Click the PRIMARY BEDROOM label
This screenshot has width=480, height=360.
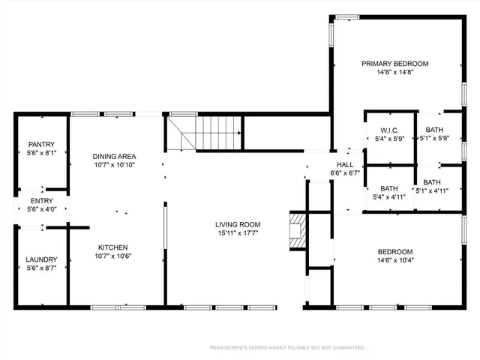click(x=394, y=64)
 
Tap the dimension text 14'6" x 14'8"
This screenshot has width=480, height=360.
click(x=394, y=73)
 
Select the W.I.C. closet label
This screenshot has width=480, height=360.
click(x=389, y=130)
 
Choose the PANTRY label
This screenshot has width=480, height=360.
click(x=41, y=145)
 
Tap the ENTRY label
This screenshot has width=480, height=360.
click(x=41, y=201)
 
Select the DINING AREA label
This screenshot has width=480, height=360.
click(x=115, y=156)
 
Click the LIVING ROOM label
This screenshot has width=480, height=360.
click(x=237, y=224)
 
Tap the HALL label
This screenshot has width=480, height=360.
click(x=345, y=165)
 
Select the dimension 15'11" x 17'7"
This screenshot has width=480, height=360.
click(x=237, y=232)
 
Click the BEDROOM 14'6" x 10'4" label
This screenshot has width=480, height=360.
click(x=394, y=256)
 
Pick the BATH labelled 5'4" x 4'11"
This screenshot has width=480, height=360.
click(x=388, y=193)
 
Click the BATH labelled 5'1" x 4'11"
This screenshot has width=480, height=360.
click(x=432, y=186)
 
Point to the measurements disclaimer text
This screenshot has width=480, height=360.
click(x=287, y=348)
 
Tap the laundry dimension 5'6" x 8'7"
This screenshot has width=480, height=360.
click(x=41, y=268)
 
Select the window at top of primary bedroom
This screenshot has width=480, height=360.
click(x=346, y=16)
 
